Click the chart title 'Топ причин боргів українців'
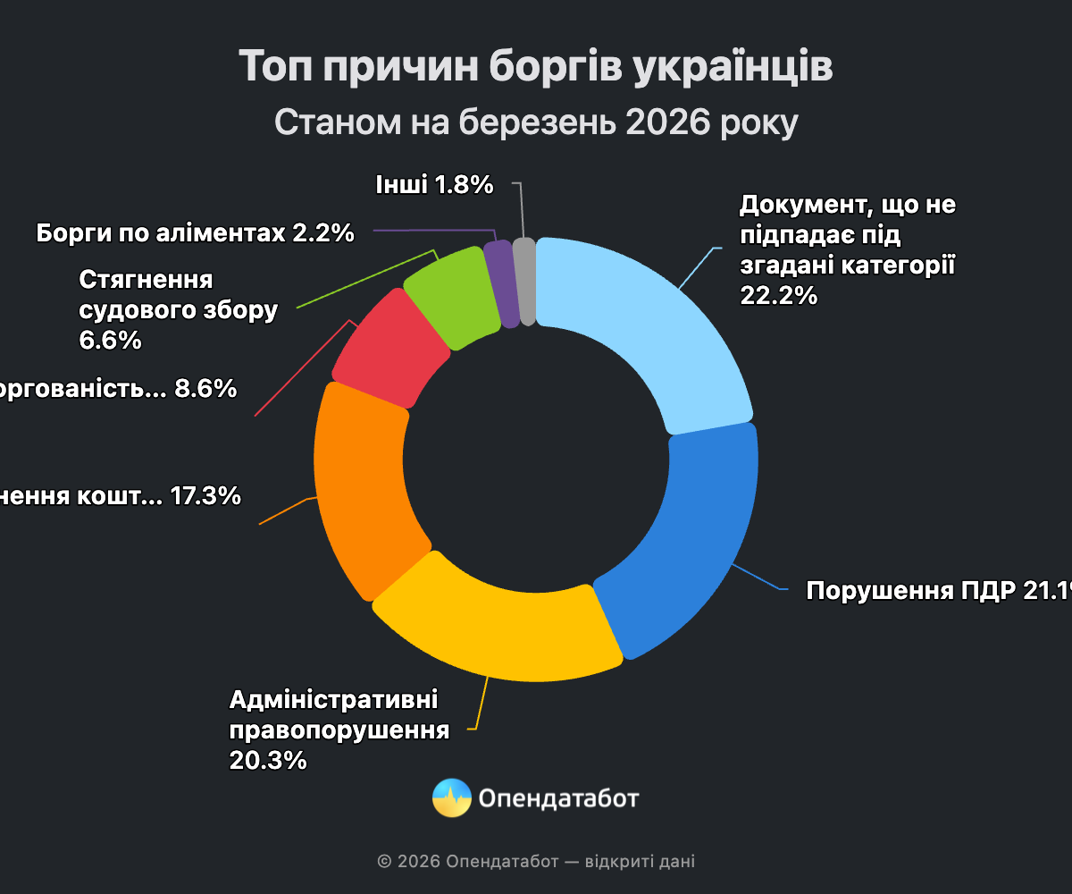coord(536,68)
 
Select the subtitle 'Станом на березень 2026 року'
coord(536,123)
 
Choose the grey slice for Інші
coord(525,281)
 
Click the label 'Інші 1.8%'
coord(436,185)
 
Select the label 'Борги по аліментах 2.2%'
coord(196,233)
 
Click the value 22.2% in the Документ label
coord(778,295)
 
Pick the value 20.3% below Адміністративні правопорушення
coord(268,760)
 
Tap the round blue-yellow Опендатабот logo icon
coord(452,797)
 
